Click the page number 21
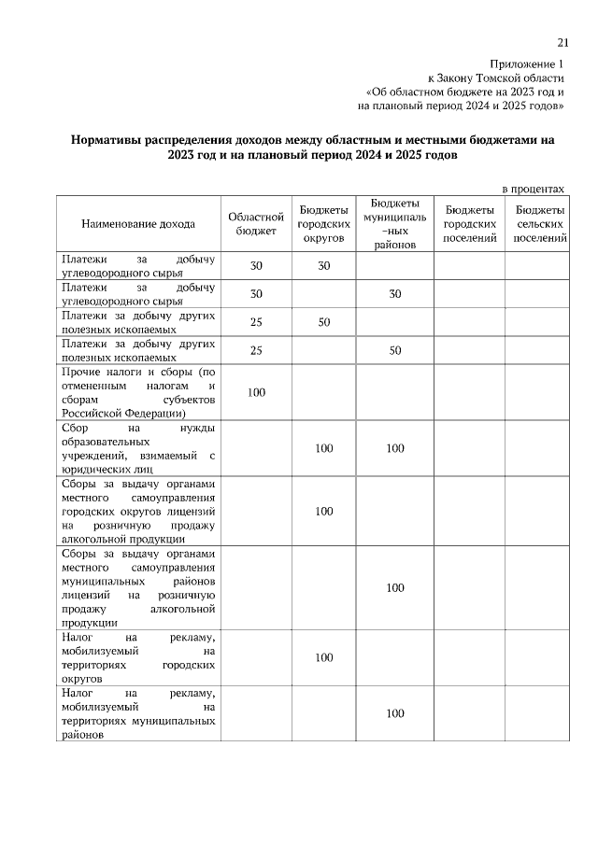tap(562, 42)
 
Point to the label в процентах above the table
tap(534, 188)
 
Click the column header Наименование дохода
tap(138, 224)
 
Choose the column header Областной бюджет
tap(256, 224)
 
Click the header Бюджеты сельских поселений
tap(539, 224)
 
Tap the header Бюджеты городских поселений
tap(469, 224)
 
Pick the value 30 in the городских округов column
tap(323, 266)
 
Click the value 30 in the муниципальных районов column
tap(395, 294)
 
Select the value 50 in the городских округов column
tap(323, 322)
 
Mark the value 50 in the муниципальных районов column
tap(395, 350)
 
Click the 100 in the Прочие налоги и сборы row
tap(256, 392)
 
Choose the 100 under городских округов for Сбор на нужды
tap(323, 448)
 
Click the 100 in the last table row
tap(395, 713)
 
